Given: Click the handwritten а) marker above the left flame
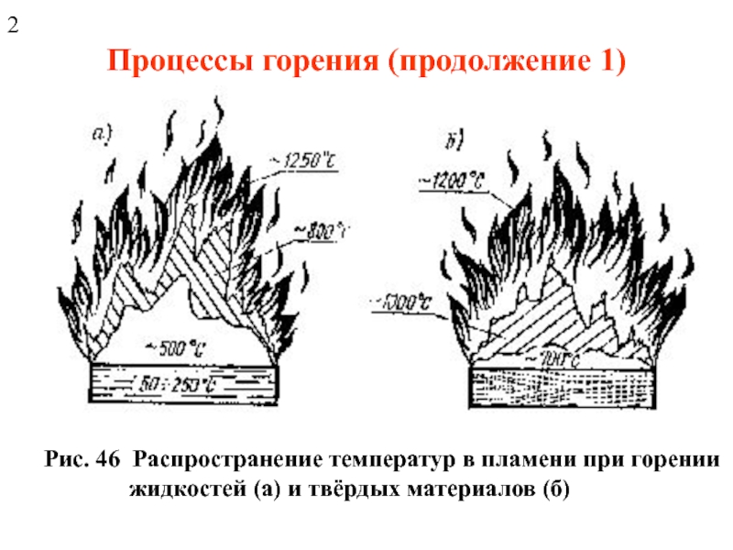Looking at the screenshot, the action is tap(103, 135).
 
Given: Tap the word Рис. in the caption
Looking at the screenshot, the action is tap(64, 457).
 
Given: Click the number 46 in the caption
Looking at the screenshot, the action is tap(108, 457).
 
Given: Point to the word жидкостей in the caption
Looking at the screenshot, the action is tap(184, 487).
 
